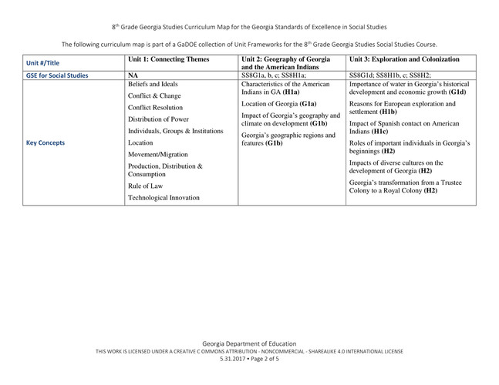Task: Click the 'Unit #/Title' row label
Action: click(43, 62)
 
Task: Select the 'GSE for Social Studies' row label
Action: click(57, 75)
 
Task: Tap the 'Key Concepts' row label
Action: click(46, 142)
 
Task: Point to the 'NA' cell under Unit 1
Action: click(133, 75)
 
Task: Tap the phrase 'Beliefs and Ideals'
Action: click(153, 84)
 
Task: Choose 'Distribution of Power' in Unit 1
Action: click(158, 119)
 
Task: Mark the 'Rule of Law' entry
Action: click(145, 186)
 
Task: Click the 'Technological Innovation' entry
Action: click(164, 198)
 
